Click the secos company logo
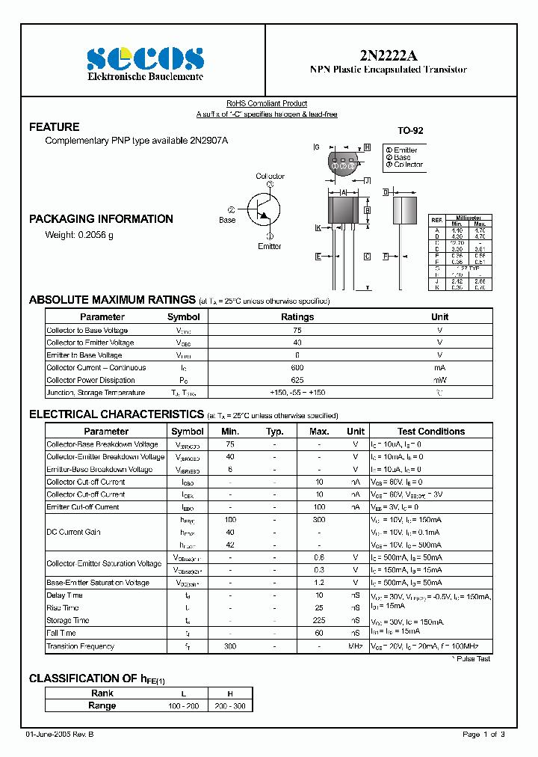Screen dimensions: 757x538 tap(145, 58)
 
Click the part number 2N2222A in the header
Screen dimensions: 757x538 tap(388, 55)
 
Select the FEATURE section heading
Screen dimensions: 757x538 tap(54, 127)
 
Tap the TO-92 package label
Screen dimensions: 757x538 tap(410, 131)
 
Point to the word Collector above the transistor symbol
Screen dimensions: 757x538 tap(270, 177)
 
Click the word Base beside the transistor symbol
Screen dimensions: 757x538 tap(227, 220)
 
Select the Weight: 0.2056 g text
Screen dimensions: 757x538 tap(79, 235)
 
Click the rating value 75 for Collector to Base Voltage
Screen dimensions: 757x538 tap(297, 330)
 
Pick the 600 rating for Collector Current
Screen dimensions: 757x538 tap(297, 367)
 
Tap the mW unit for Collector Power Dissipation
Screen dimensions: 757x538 tap(439, 380)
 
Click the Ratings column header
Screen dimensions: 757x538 tap(297, 317)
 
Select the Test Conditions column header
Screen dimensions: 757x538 tap(430, 432)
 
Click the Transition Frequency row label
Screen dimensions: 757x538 tap(81, 646)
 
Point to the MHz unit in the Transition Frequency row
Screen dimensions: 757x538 tap(356, 646)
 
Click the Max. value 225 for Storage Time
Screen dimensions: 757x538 tap(319, 620)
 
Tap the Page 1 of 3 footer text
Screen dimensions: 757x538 tap(483, 735)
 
